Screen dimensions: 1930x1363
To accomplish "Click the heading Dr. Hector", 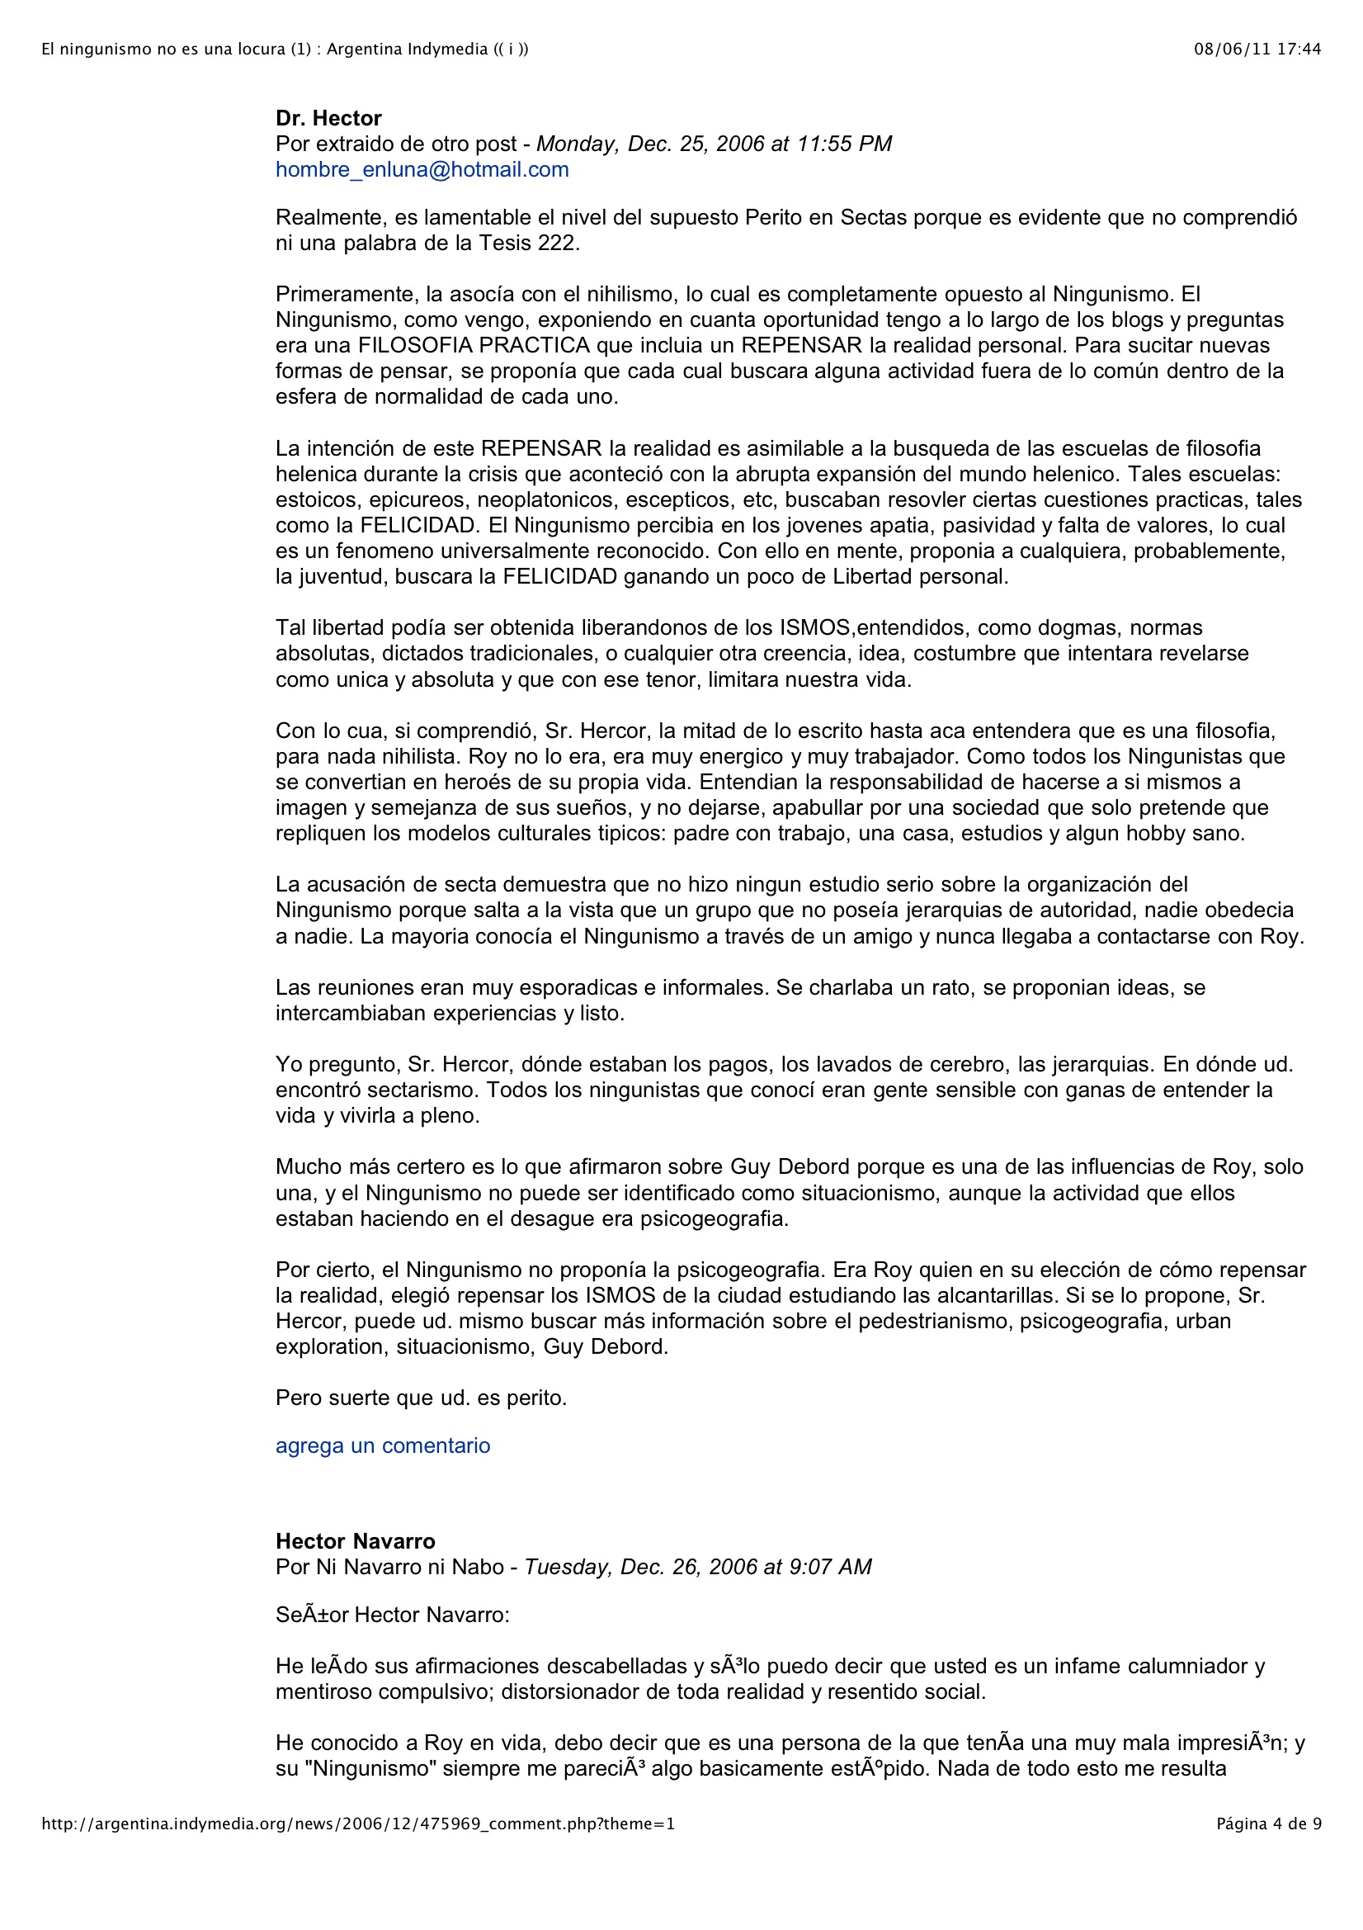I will [x=328, y=119].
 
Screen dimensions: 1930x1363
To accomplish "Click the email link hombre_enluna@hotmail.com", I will [x=422, y=170].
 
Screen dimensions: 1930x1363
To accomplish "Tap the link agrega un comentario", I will [x=382, y=1445].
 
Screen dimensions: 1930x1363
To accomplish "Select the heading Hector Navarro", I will [x=356, y=1542].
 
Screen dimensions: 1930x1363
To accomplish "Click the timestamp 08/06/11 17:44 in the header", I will [x=1257, y=50].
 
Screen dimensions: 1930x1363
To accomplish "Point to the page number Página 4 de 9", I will [x=1269, y=1824].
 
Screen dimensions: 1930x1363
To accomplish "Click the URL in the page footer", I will [x=358, y=1824].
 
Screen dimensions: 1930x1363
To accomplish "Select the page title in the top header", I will [x=285, y=50].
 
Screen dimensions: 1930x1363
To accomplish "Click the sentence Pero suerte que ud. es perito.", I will [x=421, y=1398].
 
